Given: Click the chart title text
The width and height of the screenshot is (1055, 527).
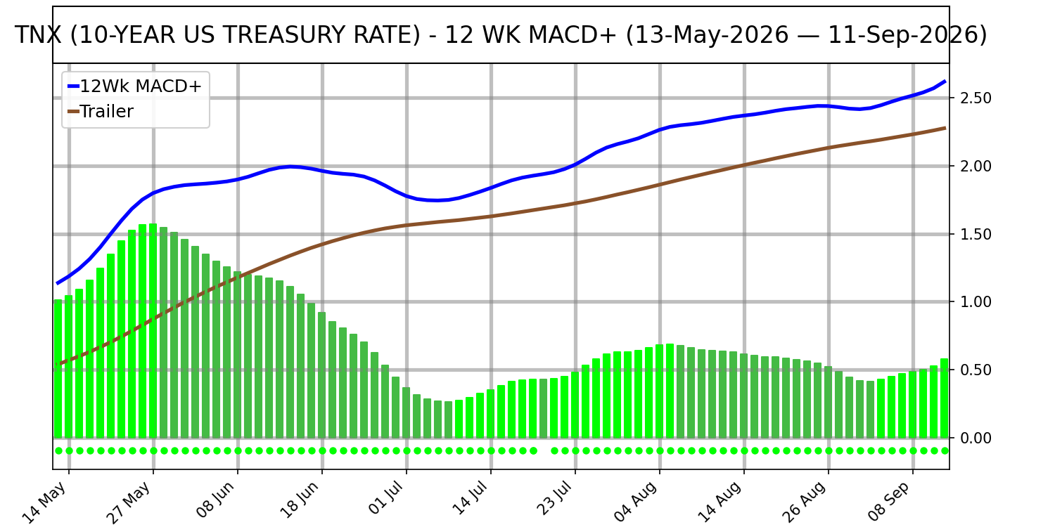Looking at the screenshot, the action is click(501, 35).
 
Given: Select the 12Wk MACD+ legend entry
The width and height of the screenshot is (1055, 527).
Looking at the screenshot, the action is click(135, 86).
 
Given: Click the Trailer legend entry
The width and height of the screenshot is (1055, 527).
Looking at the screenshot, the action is click(101, 112).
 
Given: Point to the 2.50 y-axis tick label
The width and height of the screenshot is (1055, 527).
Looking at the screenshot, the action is click(976, 98).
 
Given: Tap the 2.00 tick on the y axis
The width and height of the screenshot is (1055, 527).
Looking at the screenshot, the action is click(976, 166).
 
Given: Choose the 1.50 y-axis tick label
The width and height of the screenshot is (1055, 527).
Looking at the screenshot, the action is click(976, 234).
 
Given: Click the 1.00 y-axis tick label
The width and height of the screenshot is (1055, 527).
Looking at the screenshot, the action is click(976, 301).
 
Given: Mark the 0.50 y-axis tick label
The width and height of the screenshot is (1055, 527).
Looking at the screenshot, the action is click(976, 370).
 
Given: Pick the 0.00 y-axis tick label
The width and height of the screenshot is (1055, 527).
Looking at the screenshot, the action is click(976, 438).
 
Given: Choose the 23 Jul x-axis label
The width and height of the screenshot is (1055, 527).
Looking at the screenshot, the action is click(555, 500).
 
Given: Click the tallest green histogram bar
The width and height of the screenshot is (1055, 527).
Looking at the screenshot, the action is click(153, 331).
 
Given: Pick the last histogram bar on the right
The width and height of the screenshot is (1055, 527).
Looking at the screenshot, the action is click(945, 398).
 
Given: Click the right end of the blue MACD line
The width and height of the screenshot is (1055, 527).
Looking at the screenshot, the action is click(945, 82).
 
